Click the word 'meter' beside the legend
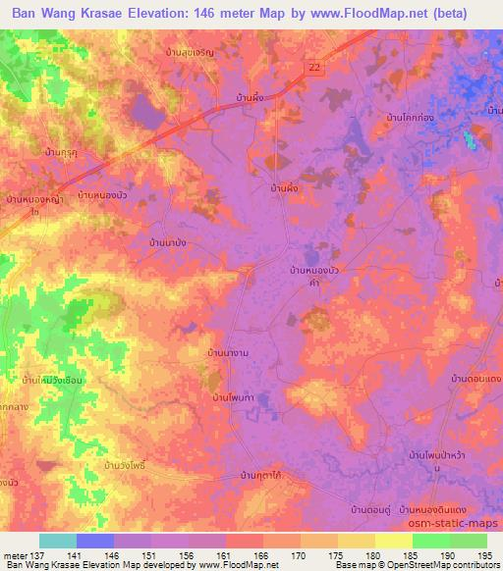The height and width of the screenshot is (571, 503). [16, 555]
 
